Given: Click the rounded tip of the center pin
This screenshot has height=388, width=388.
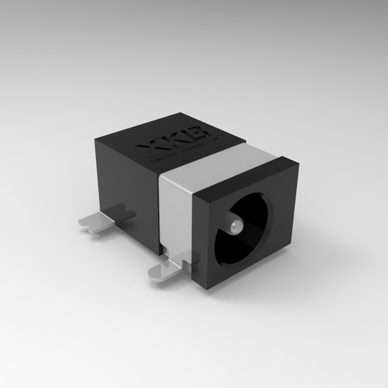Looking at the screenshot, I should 234,226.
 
